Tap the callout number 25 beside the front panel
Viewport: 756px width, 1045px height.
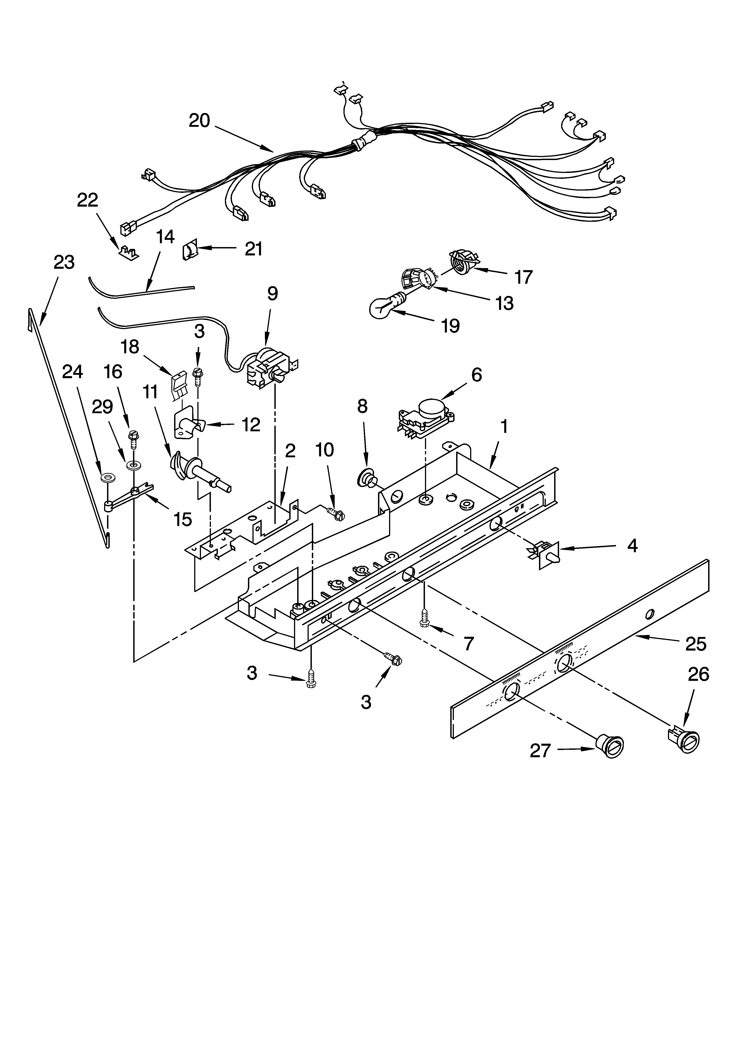[695, 644]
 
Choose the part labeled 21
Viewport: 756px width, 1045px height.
[190, 250]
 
